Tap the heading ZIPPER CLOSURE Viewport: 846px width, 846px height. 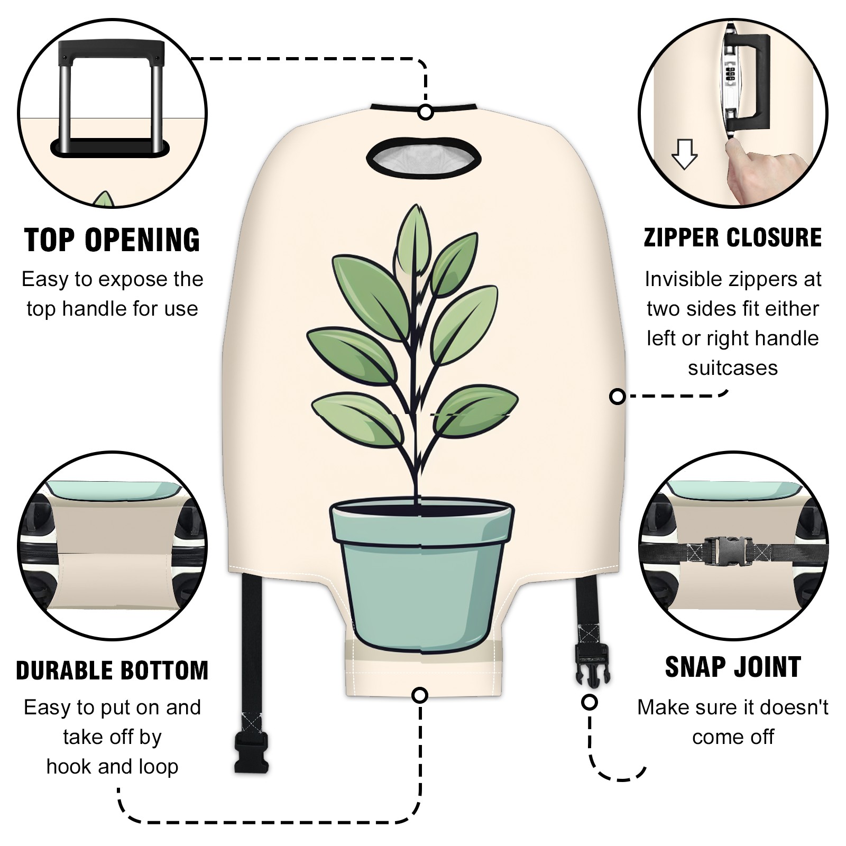(x=733, y=237)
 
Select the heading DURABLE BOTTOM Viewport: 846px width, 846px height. (x=112, y=670)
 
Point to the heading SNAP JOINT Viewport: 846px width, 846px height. (x=733, y=667)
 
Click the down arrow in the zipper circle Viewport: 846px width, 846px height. (x=684, y=154)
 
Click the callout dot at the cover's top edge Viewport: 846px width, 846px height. (x=426, y=113)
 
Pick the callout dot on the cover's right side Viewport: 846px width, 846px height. (x=617, y=396)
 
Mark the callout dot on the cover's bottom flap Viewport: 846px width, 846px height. (x=420, y=695)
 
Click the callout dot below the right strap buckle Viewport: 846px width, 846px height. (x=590, y=702)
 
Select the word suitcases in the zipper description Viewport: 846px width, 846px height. (x=733, y=369)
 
